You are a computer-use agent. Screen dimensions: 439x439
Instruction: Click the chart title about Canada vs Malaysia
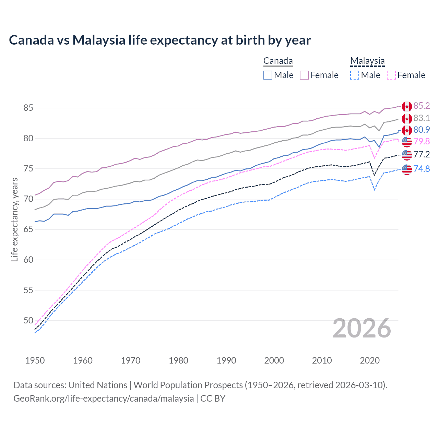tap(160, 40)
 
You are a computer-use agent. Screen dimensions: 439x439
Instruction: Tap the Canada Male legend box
tap(268, 75)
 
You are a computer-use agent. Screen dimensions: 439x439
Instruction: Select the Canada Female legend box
tap(304, 75)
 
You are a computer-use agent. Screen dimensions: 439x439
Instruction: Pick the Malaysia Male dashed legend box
tap(355, 75)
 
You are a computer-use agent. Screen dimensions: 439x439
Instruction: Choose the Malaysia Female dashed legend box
tap(391, 75)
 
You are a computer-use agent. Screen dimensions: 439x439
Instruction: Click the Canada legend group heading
tap(278, 61)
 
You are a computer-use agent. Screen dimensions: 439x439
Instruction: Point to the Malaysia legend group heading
tap(367, 61)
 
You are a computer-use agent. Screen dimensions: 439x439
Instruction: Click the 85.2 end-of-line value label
tap(422, 106)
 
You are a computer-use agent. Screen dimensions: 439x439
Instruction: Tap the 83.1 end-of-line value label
tap(422, 118)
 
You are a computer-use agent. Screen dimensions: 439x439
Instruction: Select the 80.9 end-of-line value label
tap(422, 130)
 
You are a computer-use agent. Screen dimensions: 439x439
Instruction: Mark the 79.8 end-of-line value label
tap(422, 141)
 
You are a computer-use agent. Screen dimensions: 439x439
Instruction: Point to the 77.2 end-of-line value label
tap(422, 154)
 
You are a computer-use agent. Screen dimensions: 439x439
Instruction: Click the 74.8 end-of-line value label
tap(422, 169)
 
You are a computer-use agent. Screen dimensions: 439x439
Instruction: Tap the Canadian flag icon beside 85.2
tap(407, 107)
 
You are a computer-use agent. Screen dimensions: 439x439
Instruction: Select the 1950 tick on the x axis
tap(35, 360)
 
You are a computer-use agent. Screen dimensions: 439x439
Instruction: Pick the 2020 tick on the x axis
tap(370, 360)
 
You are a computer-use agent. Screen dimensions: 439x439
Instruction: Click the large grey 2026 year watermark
tap(362, 329)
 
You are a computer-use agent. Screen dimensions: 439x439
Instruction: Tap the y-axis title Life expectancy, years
tap(14, 219)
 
